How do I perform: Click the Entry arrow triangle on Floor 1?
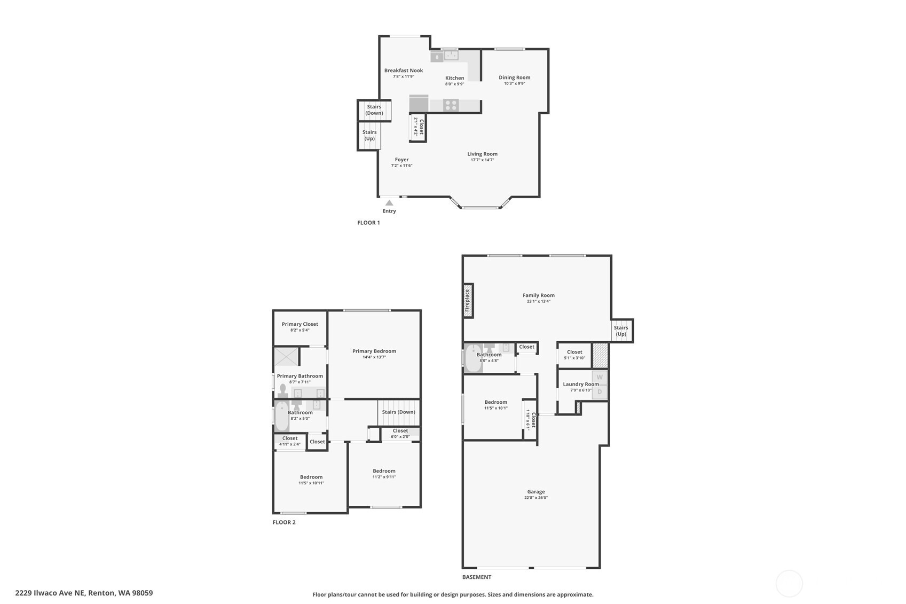tap(389, 203)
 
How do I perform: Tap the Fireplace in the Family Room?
tap(468, 300)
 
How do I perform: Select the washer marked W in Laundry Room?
tap(600, 377)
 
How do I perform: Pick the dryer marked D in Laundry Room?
tap(600, 391)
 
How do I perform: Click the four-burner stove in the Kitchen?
tap(451, 105)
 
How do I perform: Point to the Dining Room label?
tap(514, 77)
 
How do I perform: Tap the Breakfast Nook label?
tap(403, 70)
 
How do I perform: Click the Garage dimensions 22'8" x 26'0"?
tap(535, 498)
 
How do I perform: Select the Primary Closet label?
tap(300, 324)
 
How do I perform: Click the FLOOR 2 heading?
tap(283, 522)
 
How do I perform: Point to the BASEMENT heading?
tap(476, 577)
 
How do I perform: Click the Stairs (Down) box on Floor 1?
tap(374, 110)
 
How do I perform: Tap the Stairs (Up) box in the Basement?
tap(621, 331)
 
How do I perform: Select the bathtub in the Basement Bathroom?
tap(472, 358)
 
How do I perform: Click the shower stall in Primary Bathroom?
tap(286, 356)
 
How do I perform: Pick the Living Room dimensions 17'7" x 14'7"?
tap(482, 160)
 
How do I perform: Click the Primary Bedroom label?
tap(374, 351)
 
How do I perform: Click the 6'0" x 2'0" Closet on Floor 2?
tap(400, 434)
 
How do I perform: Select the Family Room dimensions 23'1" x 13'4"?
tap(538, 301)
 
